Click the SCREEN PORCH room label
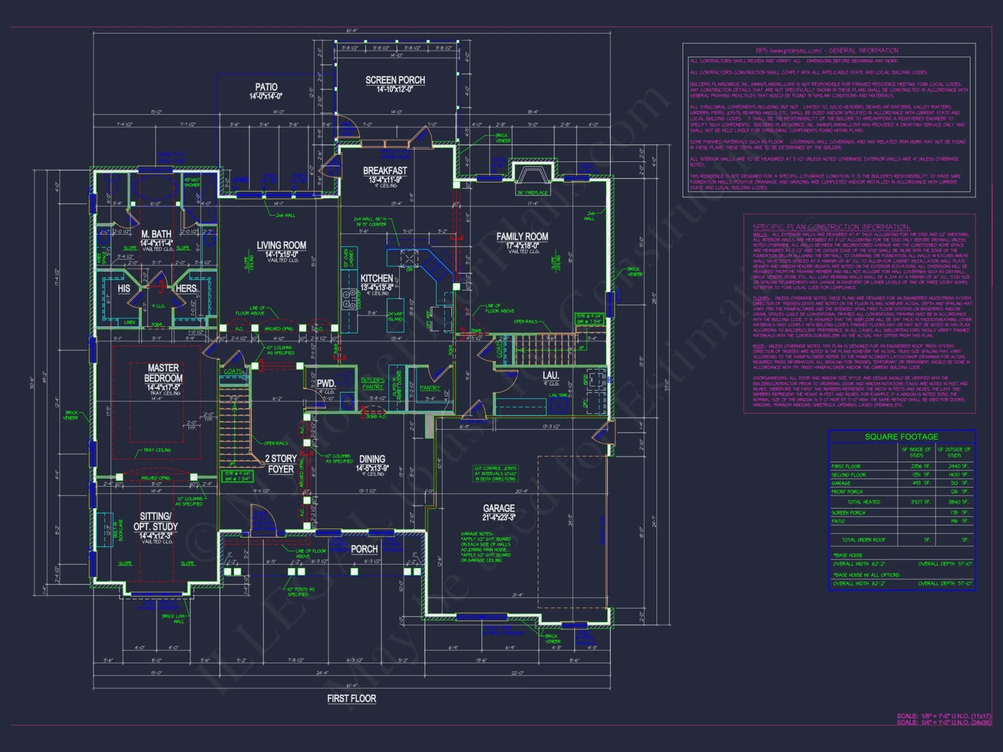[395, 80]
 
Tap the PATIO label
[266, 87]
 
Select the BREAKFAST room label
[385, 171]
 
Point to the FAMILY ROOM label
[522, 237]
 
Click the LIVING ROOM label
[281, 246]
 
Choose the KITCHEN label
[377, 278]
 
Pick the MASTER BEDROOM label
[163, 373]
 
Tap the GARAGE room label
[498, 508]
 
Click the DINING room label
[372, 459]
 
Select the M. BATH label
[156, 234]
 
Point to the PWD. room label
[326, 384]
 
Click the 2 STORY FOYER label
[281, 464]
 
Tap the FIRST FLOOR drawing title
[352, 698]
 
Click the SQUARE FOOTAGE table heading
[901, 437]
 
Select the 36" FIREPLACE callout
[533, 193]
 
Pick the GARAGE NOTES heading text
[477, 534]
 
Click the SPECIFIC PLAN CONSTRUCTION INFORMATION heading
[831, 227]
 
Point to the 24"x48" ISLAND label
[395, 316]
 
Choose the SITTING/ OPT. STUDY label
[155, 521]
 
